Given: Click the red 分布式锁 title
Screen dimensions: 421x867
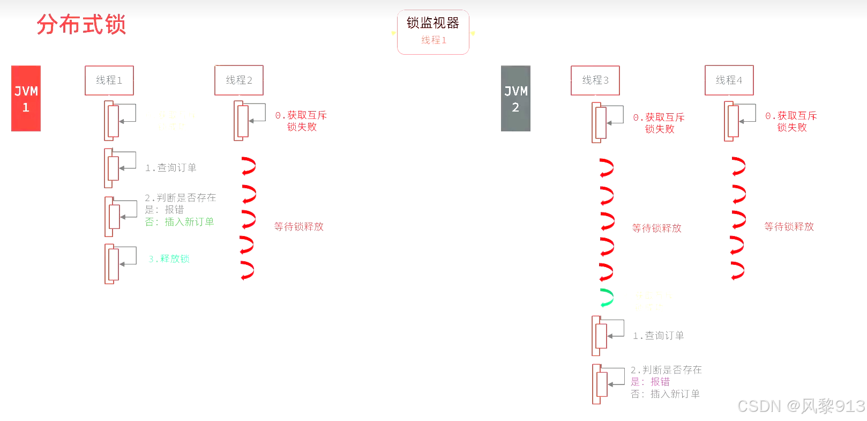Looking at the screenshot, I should [x=81, y=25].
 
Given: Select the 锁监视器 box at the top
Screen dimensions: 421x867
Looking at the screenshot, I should [x=433, y=32].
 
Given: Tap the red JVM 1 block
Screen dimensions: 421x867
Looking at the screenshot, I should [x=26, y=99].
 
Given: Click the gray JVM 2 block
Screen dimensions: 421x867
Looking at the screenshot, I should [x=515, y=99].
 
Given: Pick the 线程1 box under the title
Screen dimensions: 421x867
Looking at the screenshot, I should [x=109, y=80].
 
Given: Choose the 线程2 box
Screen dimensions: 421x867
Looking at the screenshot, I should [x=239, y=80].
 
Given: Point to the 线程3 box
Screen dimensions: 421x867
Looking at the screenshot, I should [x=595, y=80].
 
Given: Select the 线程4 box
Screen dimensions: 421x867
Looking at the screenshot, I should [x=729, y=80].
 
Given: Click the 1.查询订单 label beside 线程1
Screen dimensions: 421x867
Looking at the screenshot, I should [x=171, y=168].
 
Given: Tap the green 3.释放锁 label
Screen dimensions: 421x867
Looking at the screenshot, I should [x=169, y=259].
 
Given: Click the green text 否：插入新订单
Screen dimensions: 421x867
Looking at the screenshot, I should [x=180, y=222].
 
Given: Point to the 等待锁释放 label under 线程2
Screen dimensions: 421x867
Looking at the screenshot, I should [x=299, y=227].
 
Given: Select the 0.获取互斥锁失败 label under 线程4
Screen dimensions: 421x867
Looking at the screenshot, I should [x=791, y=122].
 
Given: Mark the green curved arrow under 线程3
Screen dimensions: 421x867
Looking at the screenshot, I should [x=607, y=298].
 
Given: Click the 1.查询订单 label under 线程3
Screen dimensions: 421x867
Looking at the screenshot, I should [x=659, y=336].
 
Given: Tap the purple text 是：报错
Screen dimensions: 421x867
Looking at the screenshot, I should [x=650, y=382].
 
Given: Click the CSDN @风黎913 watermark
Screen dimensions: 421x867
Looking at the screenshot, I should [x=801, y=406].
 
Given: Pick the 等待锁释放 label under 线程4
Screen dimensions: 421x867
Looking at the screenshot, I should [x=789, y=227].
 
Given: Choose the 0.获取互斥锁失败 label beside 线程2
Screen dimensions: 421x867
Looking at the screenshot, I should [x=301, y=121].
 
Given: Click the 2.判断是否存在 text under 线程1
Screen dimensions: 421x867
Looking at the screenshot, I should [x=181, y=198].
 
